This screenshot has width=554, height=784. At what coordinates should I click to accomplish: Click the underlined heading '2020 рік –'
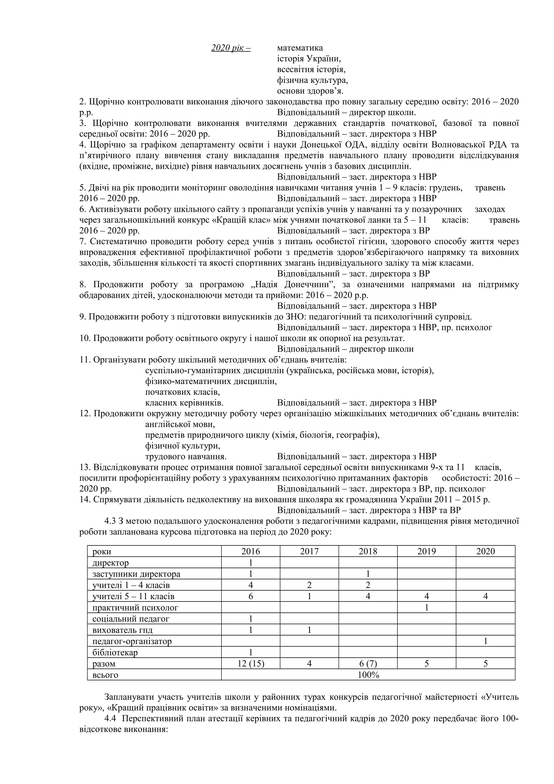point(231,48)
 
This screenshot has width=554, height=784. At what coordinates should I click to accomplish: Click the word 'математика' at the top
point(300,48)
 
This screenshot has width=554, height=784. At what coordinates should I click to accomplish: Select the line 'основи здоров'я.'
point(310,91)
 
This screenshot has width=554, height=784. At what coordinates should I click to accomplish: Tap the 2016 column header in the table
point(250,551)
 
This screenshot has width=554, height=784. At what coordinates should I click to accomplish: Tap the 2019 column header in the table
point(426,551)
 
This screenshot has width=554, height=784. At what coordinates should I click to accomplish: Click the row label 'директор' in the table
point(111,563)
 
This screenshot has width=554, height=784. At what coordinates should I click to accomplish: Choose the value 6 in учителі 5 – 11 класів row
point(250,596)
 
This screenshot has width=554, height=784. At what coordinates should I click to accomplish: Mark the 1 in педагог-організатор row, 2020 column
point(485,641)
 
